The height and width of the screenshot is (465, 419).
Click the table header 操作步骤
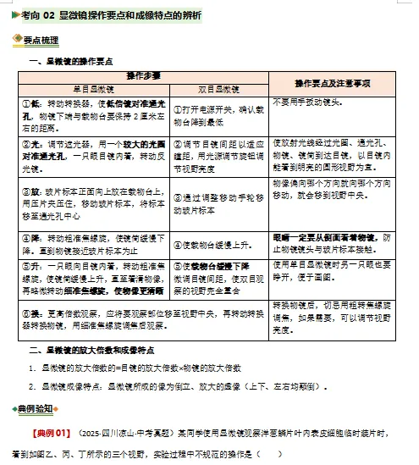(x=143, y=76)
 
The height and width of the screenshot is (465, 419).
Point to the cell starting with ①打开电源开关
(x=218, y=114)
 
